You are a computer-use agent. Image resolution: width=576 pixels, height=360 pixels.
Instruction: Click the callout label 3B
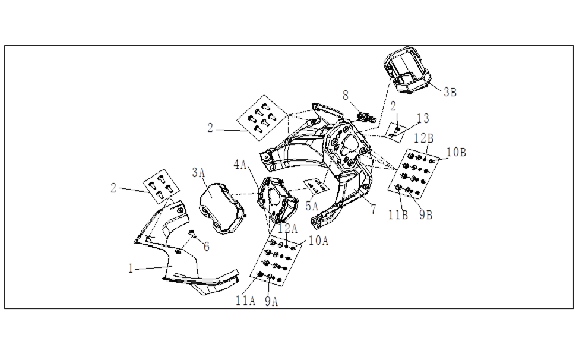tap(450, 92)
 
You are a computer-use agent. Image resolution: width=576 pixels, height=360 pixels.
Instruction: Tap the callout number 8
tap(346, 96)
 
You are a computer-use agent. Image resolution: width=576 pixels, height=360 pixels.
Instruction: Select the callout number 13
tap(423, 119)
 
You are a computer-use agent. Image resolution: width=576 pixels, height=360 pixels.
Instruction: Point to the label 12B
tap(423, 138)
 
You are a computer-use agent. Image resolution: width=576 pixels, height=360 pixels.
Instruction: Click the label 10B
tap(456, 152)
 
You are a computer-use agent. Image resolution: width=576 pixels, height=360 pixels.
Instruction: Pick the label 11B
tap(398, 215)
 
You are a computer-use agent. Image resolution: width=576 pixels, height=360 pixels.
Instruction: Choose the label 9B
tap(426, 215)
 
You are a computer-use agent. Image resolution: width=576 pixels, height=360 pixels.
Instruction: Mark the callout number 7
tap(374, 210)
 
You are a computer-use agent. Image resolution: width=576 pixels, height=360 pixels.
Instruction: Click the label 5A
tap(312, 207)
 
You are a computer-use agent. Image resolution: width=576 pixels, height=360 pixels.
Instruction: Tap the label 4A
tap(240, 165)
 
